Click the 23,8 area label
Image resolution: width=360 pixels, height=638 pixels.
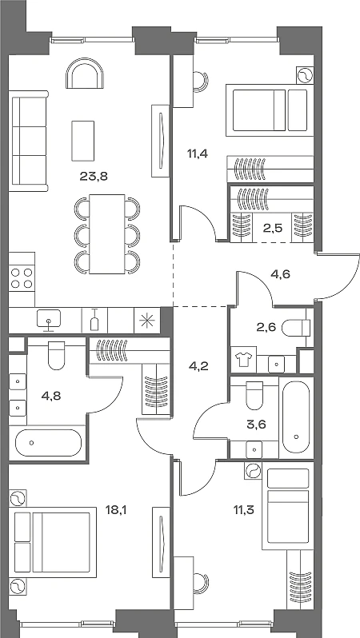(94, 177)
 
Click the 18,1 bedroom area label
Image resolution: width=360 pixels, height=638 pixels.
(117, 509)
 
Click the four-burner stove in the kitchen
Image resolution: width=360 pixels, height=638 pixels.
(22, 278)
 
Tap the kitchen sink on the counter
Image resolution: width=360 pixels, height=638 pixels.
(49, 318)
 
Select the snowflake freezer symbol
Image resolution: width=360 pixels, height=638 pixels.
(144, 321)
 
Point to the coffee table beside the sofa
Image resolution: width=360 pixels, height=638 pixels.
(83, 141)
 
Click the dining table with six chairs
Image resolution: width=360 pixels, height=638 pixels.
(107, 234)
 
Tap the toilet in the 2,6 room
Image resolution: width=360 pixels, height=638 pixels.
(296, 328)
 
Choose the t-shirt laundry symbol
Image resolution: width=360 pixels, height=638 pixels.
(243, 359)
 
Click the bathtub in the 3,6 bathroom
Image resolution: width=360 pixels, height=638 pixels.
(296, 417)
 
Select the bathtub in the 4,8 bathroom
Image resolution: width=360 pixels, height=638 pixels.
(49, 443)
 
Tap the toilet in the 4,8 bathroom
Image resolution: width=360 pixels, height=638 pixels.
(56, 354)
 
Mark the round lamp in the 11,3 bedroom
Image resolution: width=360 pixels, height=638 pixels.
(253, 471)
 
